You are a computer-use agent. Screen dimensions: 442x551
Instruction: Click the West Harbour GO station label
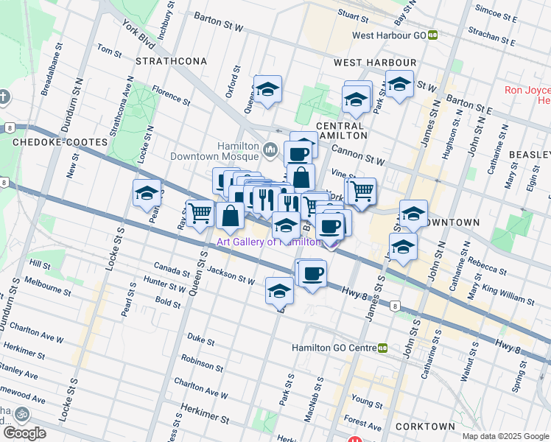(x=390, y=35)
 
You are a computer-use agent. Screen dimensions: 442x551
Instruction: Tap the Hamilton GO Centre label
(x=334, y=348)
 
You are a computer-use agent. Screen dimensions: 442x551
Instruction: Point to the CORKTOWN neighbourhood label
(x=424, y=427)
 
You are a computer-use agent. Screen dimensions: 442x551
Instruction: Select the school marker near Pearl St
(x=147, y=193)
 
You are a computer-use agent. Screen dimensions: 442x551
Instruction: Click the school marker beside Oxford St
(x=268, y=90)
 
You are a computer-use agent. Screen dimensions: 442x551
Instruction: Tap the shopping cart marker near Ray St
(x=200, y=214)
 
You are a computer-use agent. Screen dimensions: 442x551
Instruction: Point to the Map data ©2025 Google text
(x=505, y=436)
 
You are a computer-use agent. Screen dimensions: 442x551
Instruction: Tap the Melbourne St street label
(x=46, y=287)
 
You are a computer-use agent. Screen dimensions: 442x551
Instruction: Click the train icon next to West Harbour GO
(x=434, y=35)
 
